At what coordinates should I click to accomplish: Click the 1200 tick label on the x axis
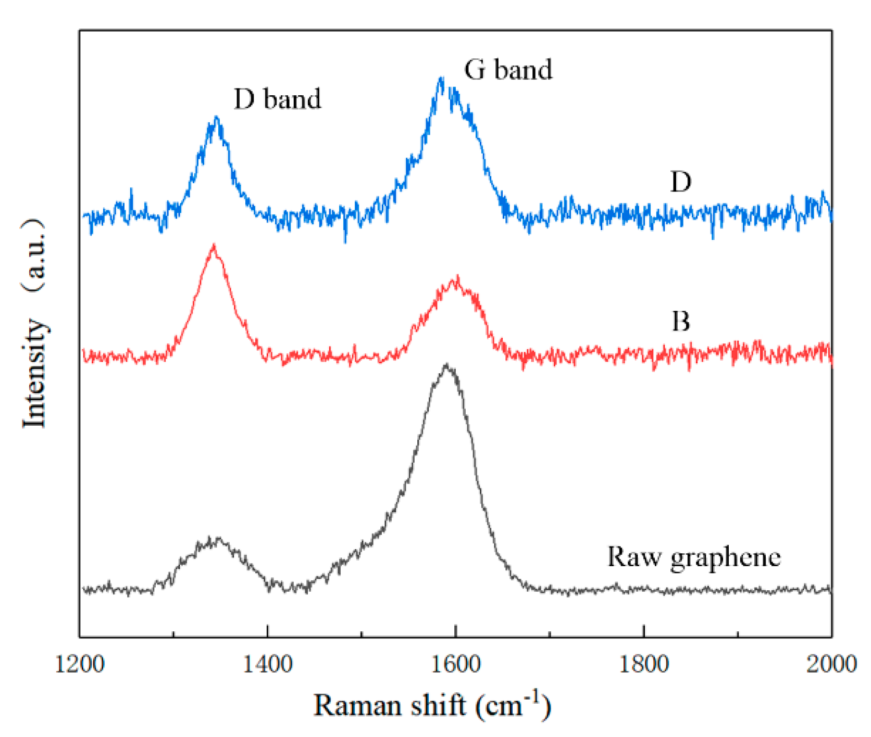(x=79, y=665)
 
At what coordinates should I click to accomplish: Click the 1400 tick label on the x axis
(x=268, y=665)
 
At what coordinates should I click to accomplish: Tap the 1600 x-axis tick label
(x=456, y=665)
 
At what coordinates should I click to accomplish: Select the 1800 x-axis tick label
(x=644, y=665)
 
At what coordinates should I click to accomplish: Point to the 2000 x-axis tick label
(x=831, y=665)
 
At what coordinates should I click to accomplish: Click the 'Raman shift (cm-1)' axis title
(x=432, y=705)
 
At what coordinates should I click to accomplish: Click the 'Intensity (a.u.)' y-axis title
(x=34, y=323)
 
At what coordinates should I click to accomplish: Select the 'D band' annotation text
(x=277, y=98)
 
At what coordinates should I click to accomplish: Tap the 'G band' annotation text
(x=508, y=69)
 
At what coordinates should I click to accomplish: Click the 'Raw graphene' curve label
(x=694, y=557)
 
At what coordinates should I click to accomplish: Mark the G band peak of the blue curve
(x=441, y=79)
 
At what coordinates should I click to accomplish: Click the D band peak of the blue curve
(x=217, y=118)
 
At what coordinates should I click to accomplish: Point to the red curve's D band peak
(x=214, y=245)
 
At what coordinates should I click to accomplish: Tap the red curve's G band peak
(x=457, y=277)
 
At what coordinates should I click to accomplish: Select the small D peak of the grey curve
(x=210, y=539)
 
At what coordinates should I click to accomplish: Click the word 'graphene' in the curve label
(x=726, y=558)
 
